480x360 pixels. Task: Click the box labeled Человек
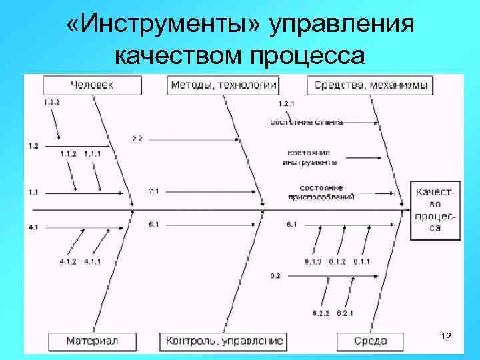click(x=92, y=85)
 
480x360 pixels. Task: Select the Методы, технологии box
click(x=223, y=85)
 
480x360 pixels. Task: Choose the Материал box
click(x=93, y=341)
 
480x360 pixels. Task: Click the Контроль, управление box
click(x=224, y=341)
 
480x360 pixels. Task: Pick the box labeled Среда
click(x=371, y=341)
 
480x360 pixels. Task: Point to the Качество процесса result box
click(x=436, y=210)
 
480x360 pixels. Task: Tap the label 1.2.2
click(x=51, y=103)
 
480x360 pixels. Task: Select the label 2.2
click(x=137, y=139)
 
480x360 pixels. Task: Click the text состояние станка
click(x=307, y=122)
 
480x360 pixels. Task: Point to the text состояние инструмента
click(x=309, y=157)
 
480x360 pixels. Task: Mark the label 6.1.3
click(x=313, y=261)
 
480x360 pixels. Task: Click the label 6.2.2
click(x=321, y=313)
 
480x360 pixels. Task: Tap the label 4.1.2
click(x=69, y=261)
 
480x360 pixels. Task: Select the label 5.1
click(x=153, y=225)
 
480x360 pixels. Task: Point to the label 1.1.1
click(x=93, y=154)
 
